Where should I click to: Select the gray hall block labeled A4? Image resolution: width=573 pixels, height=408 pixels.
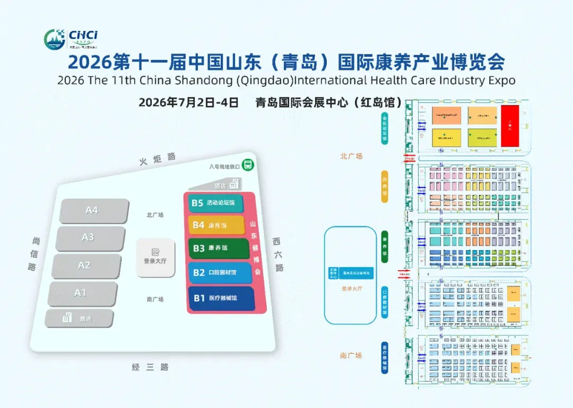click(x=93, y=211)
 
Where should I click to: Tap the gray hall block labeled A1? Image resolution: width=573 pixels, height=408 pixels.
click(x=82, y=293)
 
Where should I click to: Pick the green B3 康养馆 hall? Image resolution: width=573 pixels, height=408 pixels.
click(x=218, y=248)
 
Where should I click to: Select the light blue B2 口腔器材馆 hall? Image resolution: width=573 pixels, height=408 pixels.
click(x=220, y=273)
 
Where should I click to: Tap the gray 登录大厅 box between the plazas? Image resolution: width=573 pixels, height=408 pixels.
click(x=155, y=258)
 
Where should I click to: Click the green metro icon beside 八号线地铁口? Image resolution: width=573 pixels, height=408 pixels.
click(x=247, y=165)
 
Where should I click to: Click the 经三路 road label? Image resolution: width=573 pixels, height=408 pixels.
click(x=150, y=367)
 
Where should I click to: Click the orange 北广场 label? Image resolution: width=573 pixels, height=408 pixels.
click(x=351, y=156)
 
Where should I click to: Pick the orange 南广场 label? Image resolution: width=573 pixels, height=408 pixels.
click(x=351, y=356)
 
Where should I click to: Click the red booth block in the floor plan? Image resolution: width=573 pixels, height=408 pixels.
click(x=510, y=126)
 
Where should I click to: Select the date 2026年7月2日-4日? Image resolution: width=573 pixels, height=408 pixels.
click(x=188, y=102)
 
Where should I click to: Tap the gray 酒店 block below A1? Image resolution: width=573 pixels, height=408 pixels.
click(x=79, y=318)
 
